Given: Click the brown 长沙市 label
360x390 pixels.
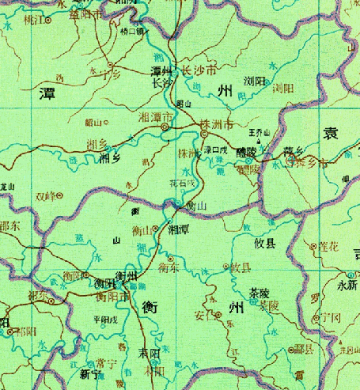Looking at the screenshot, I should pyautogui.click(x=200, y=70).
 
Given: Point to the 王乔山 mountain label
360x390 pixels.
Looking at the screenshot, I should pyautogui.click(x=260, y=131).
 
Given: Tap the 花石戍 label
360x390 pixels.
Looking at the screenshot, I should pyautogui.click(x=181, y=183).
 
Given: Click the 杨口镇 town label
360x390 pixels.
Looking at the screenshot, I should pyautogui.click(x=132, y=32).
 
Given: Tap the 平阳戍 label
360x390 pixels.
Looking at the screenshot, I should pyautogui.click(x=104, y=319).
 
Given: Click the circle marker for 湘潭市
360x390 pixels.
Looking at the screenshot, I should pyautogui.click(x=164, y=127).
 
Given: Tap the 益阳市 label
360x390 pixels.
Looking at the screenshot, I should pyautogui.click(x=88, y=14).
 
